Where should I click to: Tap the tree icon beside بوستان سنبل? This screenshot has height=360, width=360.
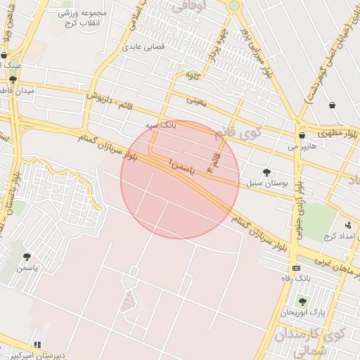click(x=266, y=172)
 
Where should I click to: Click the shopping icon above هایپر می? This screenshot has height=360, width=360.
click(x=302, y=136)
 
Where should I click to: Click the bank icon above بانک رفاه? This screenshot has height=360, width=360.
click(x=296, y=268)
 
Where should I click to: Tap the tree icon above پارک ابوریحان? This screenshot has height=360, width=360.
click(x=302, y=301)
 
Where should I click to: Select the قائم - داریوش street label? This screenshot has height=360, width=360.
click(x=111, y=98)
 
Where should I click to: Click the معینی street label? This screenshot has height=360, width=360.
click(x=196, y=101)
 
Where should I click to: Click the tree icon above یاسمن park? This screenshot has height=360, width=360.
click(x=27, y=257)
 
